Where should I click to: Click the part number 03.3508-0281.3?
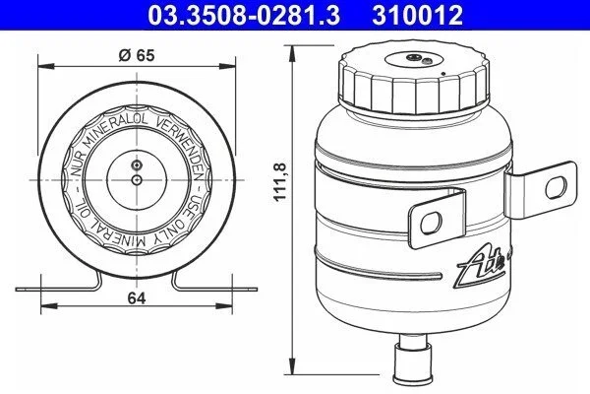(x=244, y=16)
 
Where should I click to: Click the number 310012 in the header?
(x=417, y=16)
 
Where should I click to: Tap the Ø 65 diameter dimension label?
(x=137, y=55)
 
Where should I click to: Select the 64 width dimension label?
(x=137, y=298)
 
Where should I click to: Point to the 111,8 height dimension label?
(x=279, y=182)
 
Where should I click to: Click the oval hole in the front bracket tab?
(x=432, y=224)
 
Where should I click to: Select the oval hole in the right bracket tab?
(x=556, y=187)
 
